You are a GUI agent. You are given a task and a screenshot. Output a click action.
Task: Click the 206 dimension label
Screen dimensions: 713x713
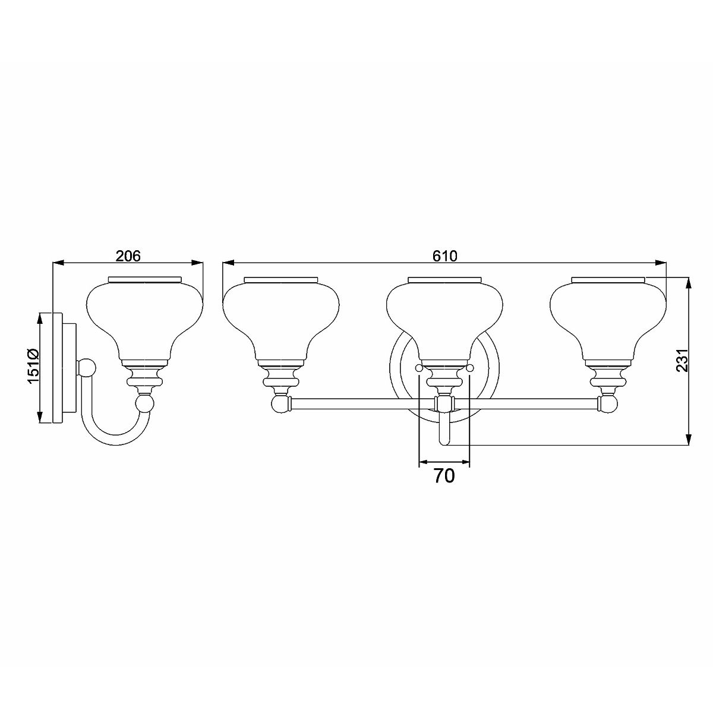pos(128,256)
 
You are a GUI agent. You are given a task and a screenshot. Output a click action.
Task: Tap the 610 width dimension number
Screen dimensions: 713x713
pos(444,256)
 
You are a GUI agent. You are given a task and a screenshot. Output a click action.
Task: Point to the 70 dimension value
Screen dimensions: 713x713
pos(444,476)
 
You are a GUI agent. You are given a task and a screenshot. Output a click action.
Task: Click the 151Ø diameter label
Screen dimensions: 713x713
pos(33,367)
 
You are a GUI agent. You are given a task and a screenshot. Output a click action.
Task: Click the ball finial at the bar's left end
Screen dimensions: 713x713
pos(280,405)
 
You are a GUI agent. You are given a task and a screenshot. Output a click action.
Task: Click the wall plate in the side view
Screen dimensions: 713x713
pos(58,367)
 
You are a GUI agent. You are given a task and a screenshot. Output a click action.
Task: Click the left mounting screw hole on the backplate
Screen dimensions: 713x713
pos(419,369)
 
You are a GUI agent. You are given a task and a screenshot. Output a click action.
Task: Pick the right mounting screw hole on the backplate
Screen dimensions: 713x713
pos(470,369)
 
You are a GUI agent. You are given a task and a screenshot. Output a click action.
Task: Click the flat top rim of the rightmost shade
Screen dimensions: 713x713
pos(608,279)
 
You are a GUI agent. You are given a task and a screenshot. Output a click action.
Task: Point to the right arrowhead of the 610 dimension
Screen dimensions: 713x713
pos(661,263)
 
